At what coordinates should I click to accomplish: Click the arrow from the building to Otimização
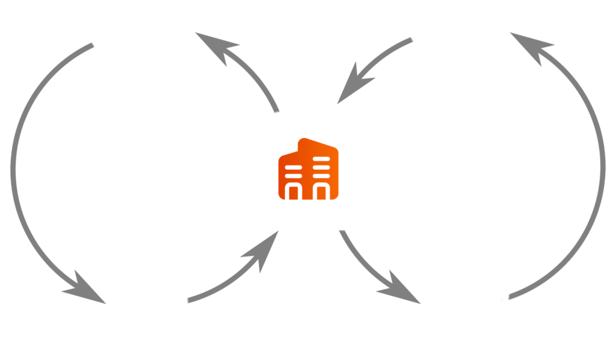pyautogui.click(x=373, y=271)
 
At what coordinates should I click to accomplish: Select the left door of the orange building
pyautogui.click(x=295, y=191)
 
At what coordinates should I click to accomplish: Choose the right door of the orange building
pyautogui.click(x=321, y=191)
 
